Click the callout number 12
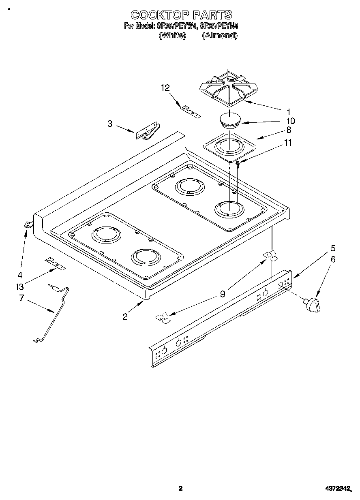(x=165, y=88)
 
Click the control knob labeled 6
(x=313, y=304)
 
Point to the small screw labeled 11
(x=238, y=164)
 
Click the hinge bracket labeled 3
(x=147, y=132)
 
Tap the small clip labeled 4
(x=28, y=224)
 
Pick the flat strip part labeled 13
(x=55, y=263)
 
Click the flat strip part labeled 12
(x=191, y=111)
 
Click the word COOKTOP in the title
(x=160, y=15)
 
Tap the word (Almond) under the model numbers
(x=219, y=35)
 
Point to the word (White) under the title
(x=172, y=35)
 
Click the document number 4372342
(x=338, y=488)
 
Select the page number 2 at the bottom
(x=181, y=488)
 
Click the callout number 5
(x=333, y=248)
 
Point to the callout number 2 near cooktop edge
(x=125, y=316)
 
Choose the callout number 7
(x=21, y=298)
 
